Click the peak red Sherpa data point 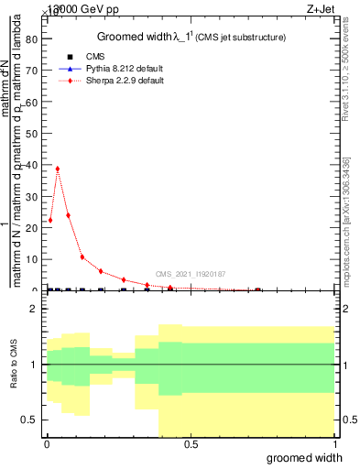coord(58,169)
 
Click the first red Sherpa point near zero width coord(50,220)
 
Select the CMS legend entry coord(90,56)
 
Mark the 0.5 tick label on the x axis coord(191,442)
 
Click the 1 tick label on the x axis coord(334,442)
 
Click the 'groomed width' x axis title coord(311,456)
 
